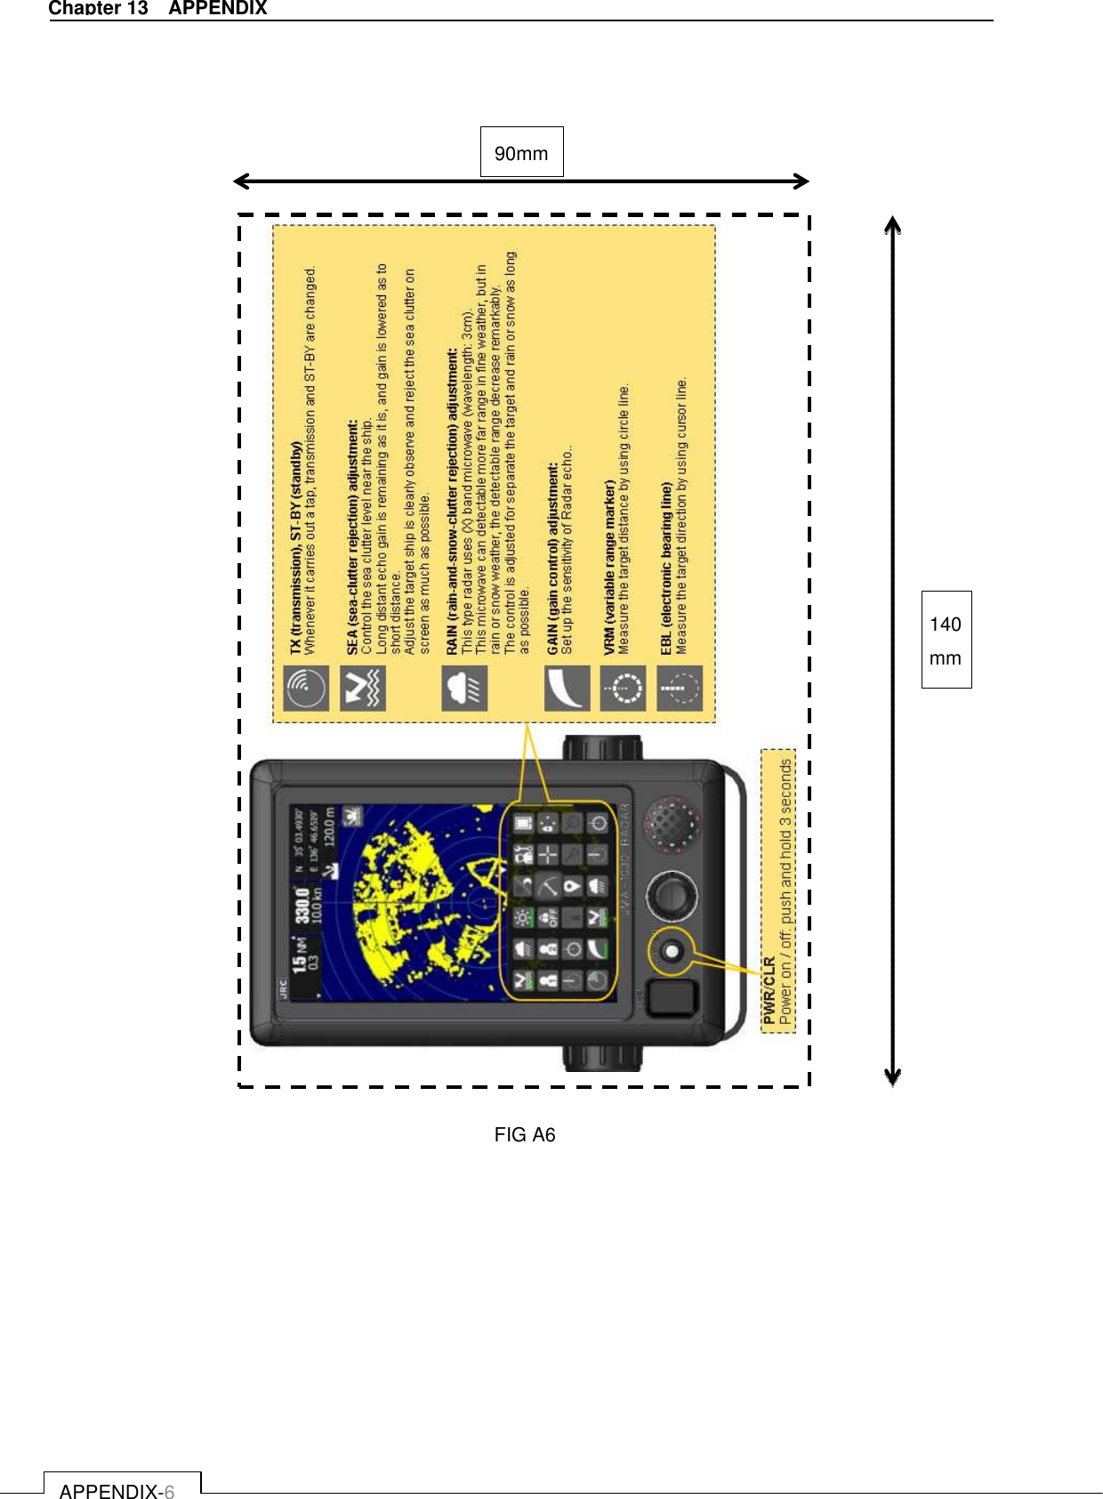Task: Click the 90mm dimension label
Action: [521, 153]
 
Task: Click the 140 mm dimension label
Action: [946, 641]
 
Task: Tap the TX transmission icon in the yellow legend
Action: [306, 688]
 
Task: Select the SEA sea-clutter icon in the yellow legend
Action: [363, 688]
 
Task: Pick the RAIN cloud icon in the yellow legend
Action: [464, 688]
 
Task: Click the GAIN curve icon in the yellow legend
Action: [567, 688]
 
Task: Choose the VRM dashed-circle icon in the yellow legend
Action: [623, 688]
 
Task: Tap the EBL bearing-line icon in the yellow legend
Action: [680, 688]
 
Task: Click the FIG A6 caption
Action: [525, 1134]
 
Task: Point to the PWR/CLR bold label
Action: [769, 991]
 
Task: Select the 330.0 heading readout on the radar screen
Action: [303, 904]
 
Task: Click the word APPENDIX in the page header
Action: [218, 8]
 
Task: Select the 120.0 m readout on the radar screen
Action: [330, 826]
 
